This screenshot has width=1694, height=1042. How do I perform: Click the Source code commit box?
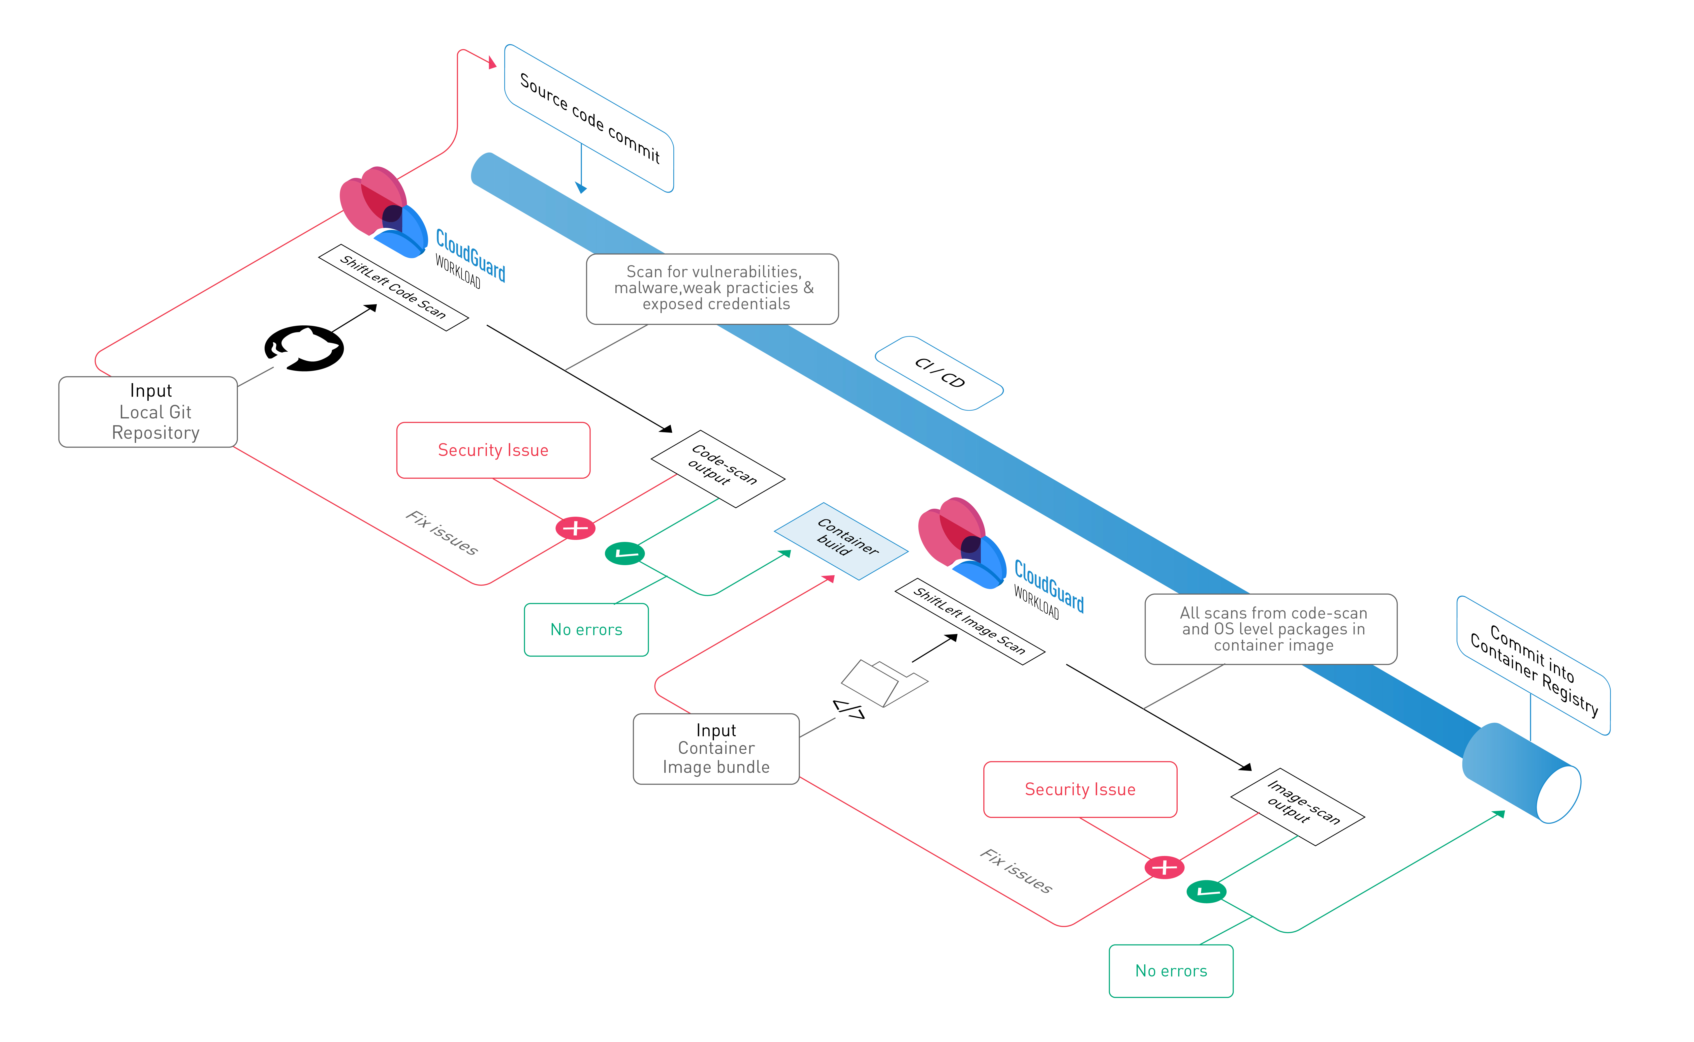point(589,118)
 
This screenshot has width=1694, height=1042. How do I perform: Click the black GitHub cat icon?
point(304,348)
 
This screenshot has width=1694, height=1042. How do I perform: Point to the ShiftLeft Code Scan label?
point(393,287)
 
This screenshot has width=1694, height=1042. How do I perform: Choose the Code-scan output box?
point(718,469)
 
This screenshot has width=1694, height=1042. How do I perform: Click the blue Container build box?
point(841,541)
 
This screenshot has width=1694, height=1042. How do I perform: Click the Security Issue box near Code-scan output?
point(493,450)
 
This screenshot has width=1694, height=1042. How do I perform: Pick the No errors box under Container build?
point(586,629)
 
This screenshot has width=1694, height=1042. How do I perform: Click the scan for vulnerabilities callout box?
point(712,289)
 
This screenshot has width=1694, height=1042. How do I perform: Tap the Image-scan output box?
point(1298,806)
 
